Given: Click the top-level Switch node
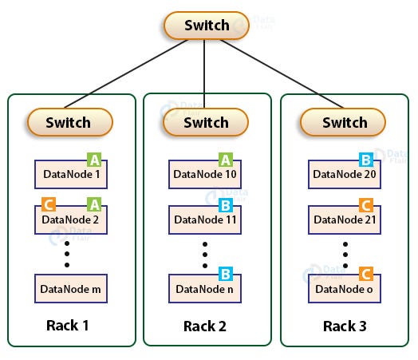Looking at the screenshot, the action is coord(207,26).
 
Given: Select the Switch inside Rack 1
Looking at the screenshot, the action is coord(70,122).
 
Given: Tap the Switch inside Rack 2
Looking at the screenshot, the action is coord(206,122).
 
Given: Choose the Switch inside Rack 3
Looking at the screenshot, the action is coord(343,122).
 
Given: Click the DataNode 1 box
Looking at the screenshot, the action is coord(71,174).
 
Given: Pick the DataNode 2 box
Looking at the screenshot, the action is coord(71,220).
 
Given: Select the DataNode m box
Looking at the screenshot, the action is coord(71,288).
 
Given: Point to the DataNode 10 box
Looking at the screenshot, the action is coord(205,174).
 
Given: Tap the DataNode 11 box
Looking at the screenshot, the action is coord(205,220).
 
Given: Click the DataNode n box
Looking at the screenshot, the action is coord(205,288).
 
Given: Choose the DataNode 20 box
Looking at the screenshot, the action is coord(345,174).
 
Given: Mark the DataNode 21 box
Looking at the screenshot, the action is coord(345,220).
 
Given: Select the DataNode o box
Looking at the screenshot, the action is coord(345,288).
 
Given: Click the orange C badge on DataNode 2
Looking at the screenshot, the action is coord(49,204).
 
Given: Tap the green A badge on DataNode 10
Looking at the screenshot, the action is coord(226,160).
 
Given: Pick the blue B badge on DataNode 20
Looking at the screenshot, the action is coord(366,160).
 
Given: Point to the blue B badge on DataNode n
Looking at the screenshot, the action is coord(226,274).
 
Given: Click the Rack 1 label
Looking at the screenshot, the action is coord(68,326).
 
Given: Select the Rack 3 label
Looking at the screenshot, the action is coord(345,326).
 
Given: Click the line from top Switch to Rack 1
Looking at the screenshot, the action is coord(126,74).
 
